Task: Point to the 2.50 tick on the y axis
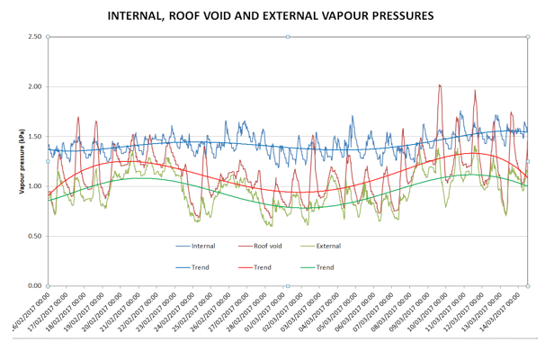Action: coord(34,37)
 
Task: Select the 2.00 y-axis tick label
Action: coord(34,86)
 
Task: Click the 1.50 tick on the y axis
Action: coord(34,137)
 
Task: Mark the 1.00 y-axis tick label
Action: coord(34,186)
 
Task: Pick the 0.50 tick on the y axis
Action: coord(34,236)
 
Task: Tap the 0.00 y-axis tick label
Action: coord(34,285)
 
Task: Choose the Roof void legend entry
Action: coord(268,245)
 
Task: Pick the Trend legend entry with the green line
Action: coord(325,267)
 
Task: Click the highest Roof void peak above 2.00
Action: coord(439,85)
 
